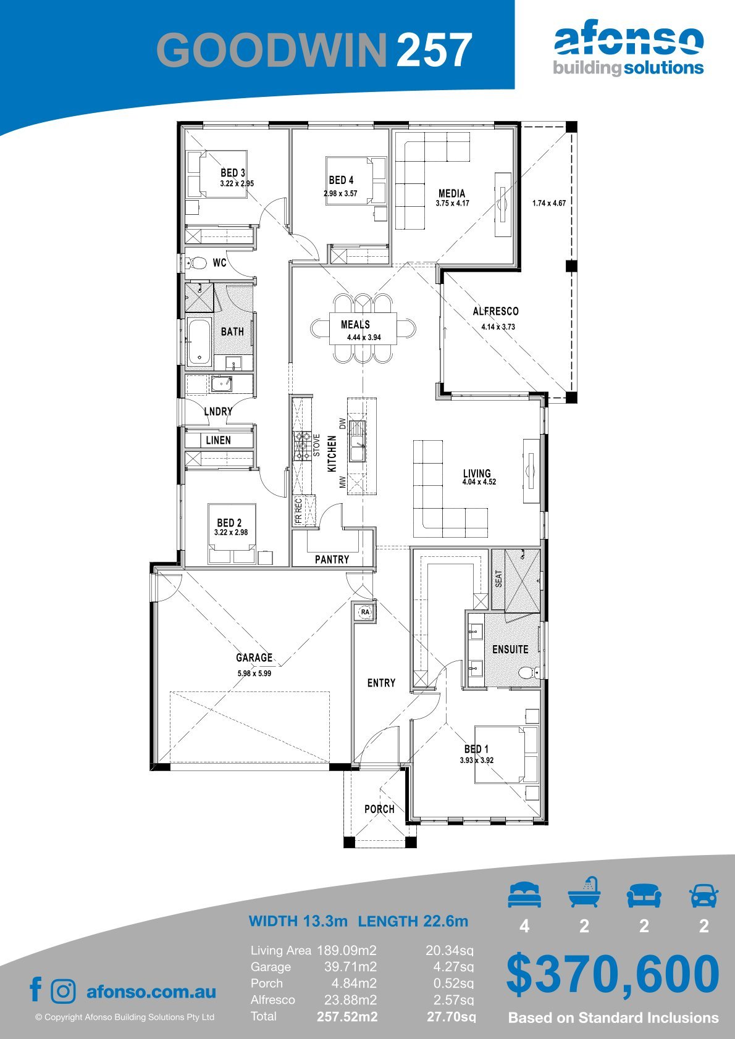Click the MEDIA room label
coord(451,193)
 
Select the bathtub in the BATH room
coord(199,341)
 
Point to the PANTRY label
coord(332,559)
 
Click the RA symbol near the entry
coord(365,612)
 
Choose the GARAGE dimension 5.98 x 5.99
coord(254,673)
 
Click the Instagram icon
coord(63,991)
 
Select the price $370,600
coord(613,974)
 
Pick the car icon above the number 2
coord(704,895)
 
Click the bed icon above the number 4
coord(524,895)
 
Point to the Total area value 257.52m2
coord(347,1017)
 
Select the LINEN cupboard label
coord(218,440)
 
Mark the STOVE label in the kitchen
coord(316,445)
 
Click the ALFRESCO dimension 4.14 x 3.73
coord(498,327)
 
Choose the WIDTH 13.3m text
coord(298,920)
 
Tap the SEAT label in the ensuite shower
coord(498,578)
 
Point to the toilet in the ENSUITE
coord(529,672)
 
